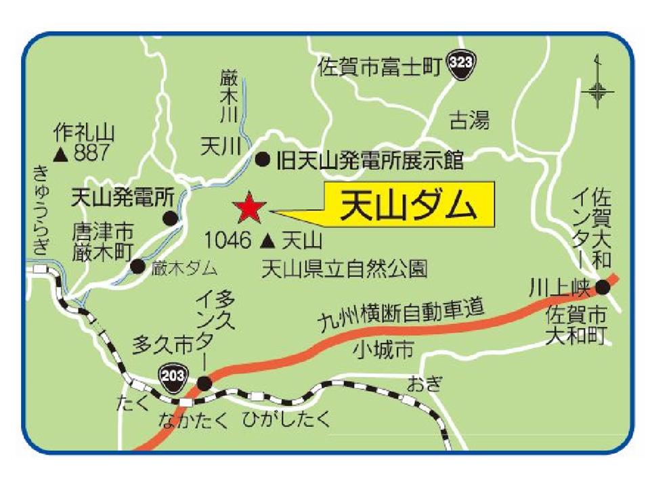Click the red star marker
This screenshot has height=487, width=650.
[x=249, y=209]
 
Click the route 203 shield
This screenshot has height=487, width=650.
[x=172, y=373]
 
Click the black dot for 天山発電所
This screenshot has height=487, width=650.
[x=171, y=218]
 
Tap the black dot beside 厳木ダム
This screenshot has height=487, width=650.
[x=137, y=266]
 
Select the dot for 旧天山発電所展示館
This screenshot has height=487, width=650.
[x=263, y=160]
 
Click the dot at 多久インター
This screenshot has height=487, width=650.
[x=204, y=384]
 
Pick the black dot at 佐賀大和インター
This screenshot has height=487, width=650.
[x=603, y=287]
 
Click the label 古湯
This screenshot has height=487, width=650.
[x=469, y=120]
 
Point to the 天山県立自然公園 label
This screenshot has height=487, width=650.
[x=345, y=269]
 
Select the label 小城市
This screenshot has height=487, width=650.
[x=383, y=350]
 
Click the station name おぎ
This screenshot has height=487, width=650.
[x=425, y=385]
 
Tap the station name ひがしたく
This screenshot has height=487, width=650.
[x=287, y=420]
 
